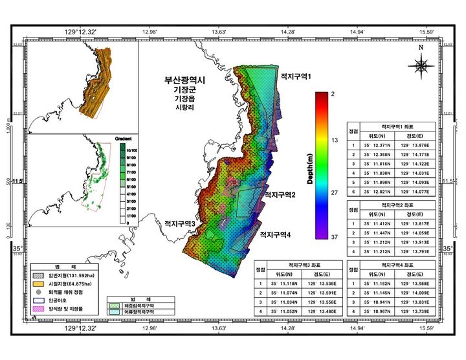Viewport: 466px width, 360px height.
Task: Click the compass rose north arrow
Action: point(421,64)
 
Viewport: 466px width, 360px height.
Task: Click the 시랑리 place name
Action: point(185,109)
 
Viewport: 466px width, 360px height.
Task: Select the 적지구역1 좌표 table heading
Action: point(400,127)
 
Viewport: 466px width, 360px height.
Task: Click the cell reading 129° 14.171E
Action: point(420,155)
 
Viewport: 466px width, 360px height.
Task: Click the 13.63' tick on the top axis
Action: point(219,31)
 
